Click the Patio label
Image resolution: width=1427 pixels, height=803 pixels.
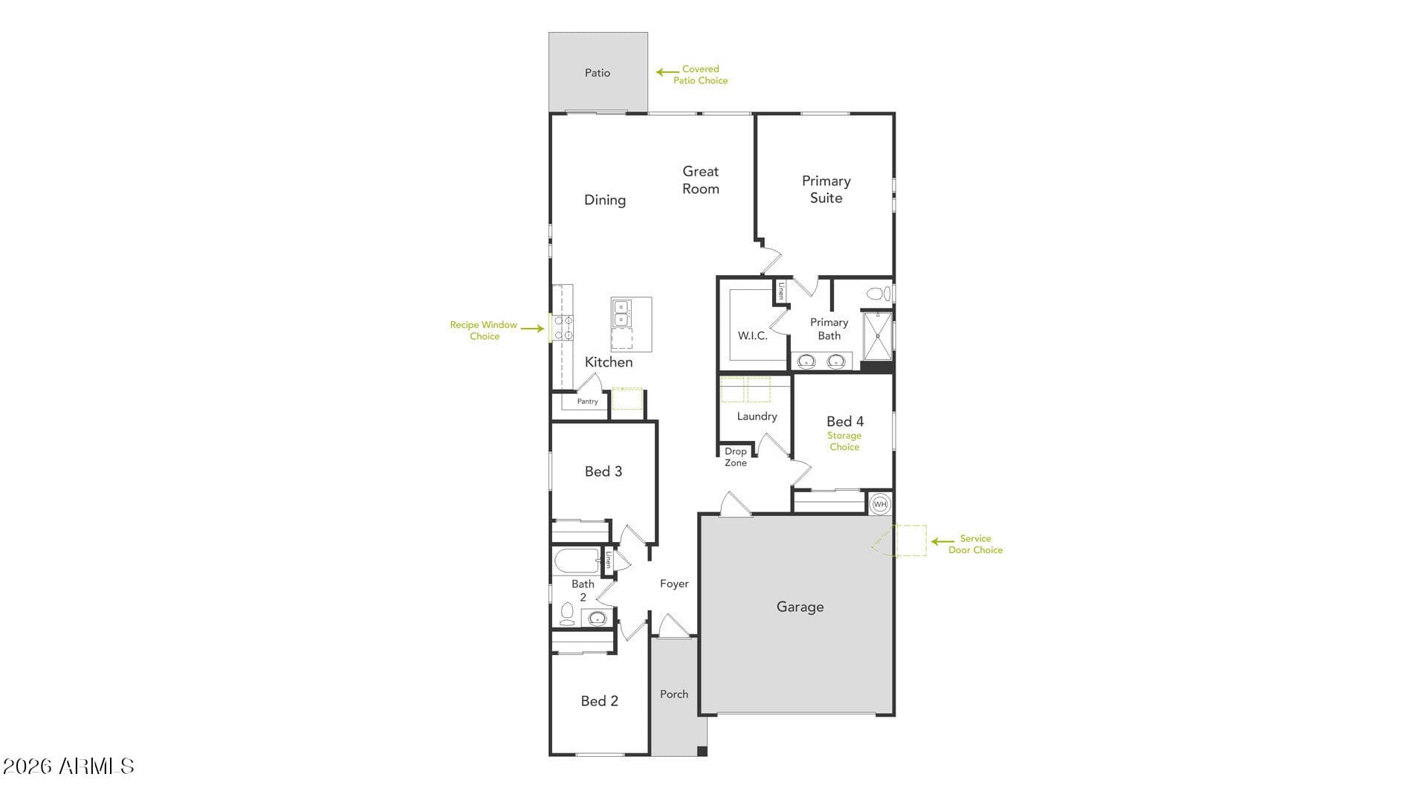pos(598,72)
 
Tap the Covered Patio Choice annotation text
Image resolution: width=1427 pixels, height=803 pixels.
pos(700,74)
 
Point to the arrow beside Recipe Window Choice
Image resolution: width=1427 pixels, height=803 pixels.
pos(532,328)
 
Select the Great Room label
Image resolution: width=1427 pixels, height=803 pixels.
pos(701,180)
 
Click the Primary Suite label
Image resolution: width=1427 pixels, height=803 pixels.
pos(826,189)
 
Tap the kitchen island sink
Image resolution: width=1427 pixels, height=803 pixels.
pos(621,313)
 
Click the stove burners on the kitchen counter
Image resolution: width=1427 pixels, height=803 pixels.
pos(563,328)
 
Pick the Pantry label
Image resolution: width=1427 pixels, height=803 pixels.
pos(587,401)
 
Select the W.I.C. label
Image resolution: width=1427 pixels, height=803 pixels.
pos(752,336)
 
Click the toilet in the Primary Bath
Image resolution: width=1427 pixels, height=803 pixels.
pos(879,294)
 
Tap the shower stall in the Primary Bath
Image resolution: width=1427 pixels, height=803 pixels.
pos(877,336)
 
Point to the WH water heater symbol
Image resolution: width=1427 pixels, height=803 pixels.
pos(880,504)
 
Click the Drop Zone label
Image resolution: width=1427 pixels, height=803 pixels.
pos(736,457)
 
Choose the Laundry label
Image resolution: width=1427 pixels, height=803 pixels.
pos(757,416)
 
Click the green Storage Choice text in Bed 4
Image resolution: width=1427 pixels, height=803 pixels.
pos(844,441)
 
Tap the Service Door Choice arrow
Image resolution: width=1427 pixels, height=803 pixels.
pos(943,542)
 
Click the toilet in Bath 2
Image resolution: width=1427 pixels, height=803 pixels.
pos(567,614)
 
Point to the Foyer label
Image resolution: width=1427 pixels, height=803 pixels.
pos(674,584)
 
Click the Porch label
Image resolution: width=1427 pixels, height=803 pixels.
pos(674,694)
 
